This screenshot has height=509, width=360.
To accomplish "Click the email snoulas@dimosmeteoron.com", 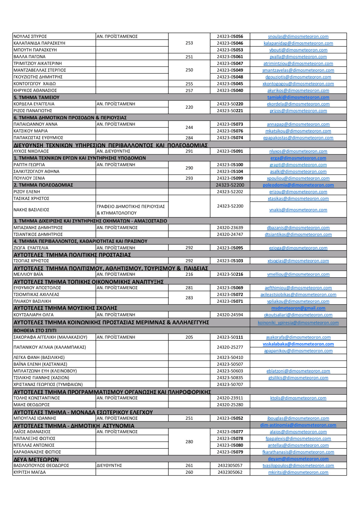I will (298, 36).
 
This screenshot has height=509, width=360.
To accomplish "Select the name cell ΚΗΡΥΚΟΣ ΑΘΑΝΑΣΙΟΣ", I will (35, 90).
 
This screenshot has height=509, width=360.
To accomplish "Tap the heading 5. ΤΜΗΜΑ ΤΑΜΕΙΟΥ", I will (36, 97).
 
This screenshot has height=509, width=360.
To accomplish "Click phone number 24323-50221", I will (230, 111).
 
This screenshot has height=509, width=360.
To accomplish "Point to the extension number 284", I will (189, 138).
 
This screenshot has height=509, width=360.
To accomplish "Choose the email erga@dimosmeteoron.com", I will (298, 158).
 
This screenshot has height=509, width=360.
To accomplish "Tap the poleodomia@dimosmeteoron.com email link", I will (298, 185).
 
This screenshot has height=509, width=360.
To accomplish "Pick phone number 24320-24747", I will (230, 234).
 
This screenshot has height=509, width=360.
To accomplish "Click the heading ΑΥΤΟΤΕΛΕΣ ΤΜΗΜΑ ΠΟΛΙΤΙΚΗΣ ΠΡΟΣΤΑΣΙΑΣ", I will (72, 254).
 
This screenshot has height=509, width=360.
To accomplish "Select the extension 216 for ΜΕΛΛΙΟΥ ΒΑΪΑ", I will (189, 274).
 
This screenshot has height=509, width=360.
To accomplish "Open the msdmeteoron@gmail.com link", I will (298, 308).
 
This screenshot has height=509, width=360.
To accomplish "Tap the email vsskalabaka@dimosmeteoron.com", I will (298, 344).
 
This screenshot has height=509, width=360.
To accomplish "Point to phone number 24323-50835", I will (230, 378).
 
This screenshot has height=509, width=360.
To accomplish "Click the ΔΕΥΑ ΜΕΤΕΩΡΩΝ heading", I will (36, 459).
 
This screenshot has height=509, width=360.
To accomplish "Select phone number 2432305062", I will (230, 472).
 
